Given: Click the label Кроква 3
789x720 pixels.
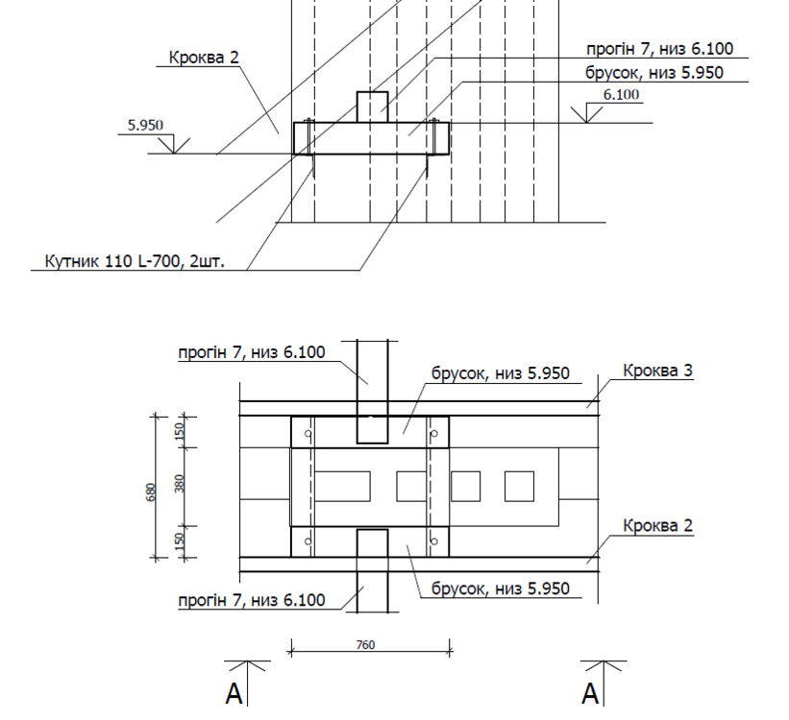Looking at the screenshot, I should coord(658,371).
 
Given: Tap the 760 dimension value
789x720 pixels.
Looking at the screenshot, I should coord(365,645).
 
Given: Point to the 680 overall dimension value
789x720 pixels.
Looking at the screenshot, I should coord(151,487).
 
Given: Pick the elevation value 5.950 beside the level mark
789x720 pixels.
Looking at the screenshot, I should coord(145,125).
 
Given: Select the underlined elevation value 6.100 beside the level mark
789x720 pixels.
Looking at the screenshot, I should coord(621,94).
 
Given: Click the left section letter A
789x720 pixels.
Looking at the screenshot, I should coord(234,694).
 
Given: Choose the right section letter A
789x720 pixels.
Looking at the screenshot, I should coord(591,694).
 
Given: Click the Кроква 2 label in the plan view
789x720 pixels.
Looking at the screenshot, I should coord(658,526).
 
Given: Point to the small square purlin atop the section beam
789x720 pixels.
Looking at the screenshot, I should coord(372,107).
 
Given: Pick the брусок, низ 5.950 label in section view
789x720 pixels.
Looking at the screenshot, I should coord(653,72).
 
